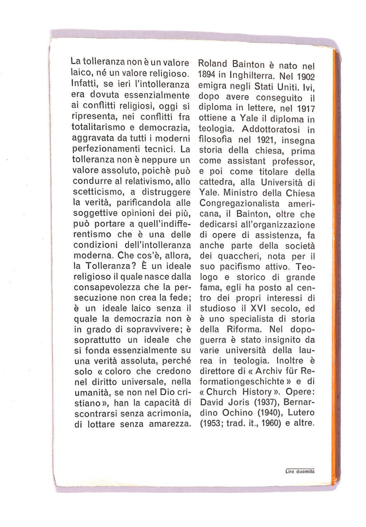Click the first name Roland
click(x=212, y=64)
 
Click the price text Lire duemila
click(x=300, y=472)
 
